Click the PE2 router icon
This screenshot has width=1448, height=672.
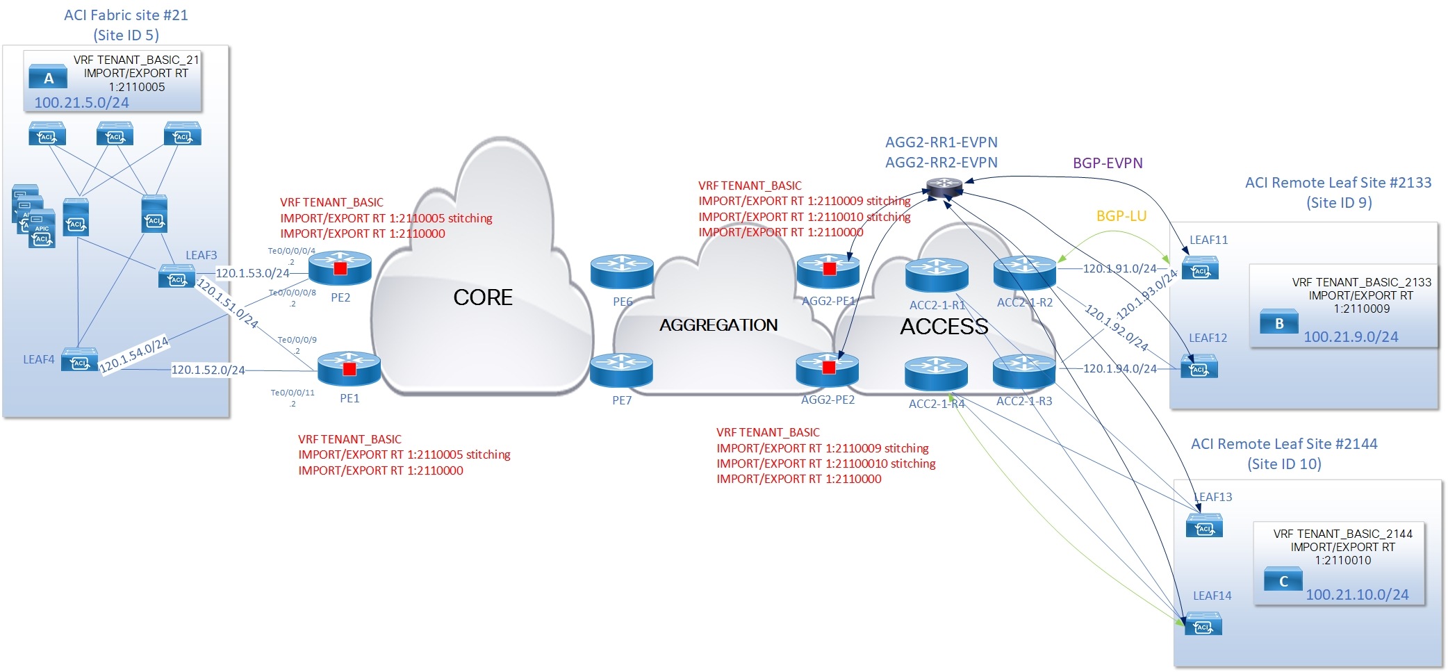340,268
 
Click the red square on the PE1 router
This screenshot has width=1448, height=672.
349,369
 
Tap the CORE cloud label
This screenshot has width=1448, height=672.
483,297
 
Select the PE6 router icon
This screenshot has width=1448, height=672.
622,272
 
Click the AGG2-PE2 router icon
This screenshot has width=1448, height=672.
828,370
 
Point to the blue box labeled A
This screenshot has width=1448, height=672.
48,78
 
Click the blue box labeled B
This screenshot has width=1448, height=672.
1279,323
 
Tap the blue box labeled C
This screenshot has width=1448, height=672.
1283,581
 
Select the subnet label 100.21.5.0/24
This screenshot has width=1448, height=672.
81,103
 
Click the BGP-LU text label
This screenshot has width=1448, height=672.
1121,216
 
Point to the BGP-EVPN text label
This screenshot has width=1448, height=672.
1108,163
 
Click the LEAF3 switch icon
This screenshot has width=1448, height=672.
176,277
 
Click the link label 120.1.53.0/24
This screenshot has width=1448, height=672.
252,273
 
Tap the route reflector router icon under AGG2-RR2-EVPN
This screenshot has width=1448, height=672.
944,186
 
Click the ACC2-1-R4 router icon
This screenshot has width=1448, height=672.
936,374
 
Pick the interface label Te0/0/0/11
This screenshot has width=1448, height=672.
293,393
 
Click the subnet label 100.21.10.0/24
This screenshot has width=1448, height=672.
1357,595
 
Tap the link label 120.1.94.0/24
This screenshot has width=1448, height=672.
1119,369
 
